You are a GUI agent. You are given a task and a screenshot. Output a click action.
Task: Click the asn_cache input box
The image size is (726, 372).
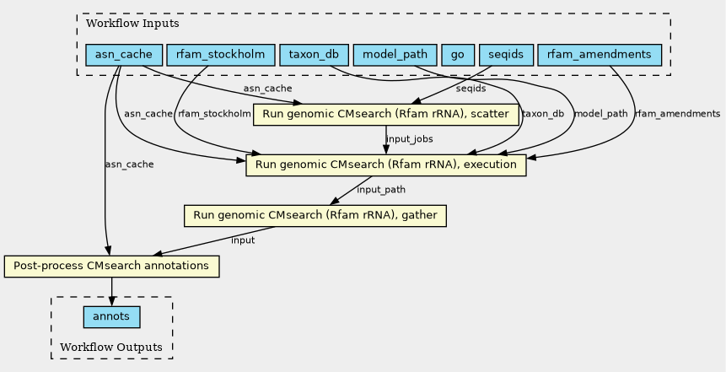coord(124,55)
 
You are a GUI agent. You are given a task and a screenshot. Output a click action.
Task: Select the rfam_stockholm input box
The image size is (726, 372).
coord(220,55)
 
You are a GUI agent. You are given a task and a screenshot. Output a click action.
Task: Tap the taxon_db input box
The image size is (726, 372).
coord(314,55)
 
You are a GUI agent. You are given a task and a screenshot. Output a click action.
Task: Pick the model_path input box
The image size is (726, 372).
coord(395,55)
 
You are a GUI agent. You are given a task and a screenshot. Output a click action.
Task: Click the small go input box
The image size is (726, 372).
coord(458,55)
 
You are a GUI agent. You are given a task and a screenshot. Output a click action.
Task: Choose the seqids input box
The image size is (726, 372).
coord(506,55)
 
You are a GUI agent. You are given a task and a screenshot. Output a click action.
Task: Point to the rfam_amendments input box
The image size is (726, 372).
coord(600,55)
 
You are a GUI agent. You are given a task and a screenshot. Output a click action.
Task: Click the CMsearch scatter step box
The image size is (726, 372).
coord(385,114)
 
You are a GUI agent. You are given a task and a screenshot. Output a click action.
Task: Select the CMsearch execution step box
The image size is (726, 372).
coord(385,164)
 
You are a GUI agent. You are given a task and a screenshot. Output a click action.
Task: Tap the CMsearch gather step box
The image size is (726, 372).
coord(315,215)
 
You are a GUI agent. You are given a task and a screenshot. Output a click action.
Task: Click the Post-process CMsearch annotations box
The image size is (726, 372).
coord(111,266)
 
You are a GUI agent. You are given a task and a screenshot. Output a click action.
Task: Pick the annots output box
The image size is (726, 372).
coord(111,317)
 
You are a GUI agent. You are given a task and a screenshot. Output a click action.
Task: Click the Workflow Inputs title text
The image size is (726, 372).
coord(132,23)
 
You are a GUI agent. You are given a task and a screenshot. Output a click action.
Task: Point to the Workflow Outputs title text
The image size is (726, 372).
coord(111,347)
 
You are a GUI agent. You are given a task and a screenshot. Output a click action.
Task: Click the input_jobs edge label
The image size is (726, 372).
coord(409,139)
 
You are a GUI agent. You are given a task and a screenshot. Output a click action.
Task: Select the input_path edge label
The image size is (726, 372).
coord(381,190)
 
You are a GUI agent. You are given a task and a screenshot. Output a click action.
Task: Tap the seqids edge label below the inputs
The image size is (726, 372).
coord(471,89)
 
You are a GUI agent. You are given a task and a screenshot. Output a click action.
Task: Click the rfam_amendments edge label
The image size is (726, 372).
coord(677,114)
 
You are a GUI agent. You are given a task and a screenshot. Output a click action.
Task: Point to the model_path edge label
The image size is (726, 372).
coord(601,114)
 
